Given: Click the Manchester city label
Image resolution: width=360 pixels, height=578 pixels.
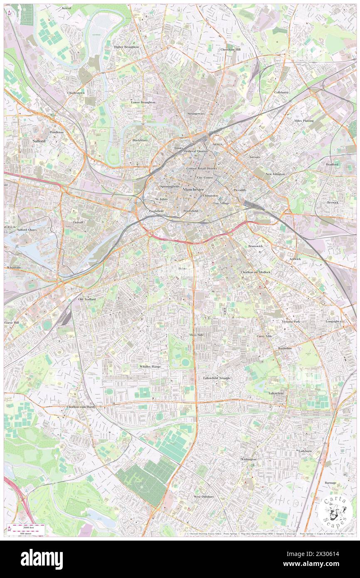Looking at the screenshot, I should pos(193,189).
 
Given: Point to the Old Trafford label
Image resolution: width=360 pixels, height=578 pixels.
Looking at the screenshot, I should pos(87,299).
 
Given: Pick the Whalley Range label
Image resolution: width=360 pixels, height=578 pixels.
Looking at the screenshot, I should pos(150,366).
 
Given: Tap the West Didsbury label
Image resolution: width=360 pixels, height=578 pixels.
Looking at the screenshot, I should pos(204,496).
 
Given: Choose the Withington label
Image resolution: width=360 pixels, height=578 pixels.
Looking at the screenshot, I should pos(248,459).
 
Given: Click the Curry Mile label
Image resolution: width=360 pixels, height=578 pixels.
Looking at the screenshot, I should pos(264,336).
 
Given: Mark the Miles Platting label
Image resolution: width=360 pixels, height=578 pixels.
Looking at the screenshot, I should pos(304,121).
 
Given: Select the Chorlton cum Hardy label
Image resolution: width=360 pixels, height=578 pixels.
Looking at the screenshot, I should pos(81,407).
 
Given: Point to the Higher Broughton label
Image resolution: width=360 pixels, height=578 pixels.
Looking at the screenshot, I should pos(126,47).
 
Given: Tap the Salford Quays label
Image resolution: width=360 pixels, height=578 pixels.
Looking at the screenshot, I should pos(27,230).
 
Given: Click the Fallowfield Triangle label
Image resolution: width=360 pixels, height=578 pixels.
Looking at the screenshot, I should pos(217,378).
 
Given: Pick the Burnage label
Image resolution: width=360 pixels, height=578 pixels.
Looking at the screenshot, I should pos(330,483).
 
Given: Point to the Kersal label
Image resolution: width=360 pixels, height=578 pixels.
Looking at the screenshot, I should pos(66,8).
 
